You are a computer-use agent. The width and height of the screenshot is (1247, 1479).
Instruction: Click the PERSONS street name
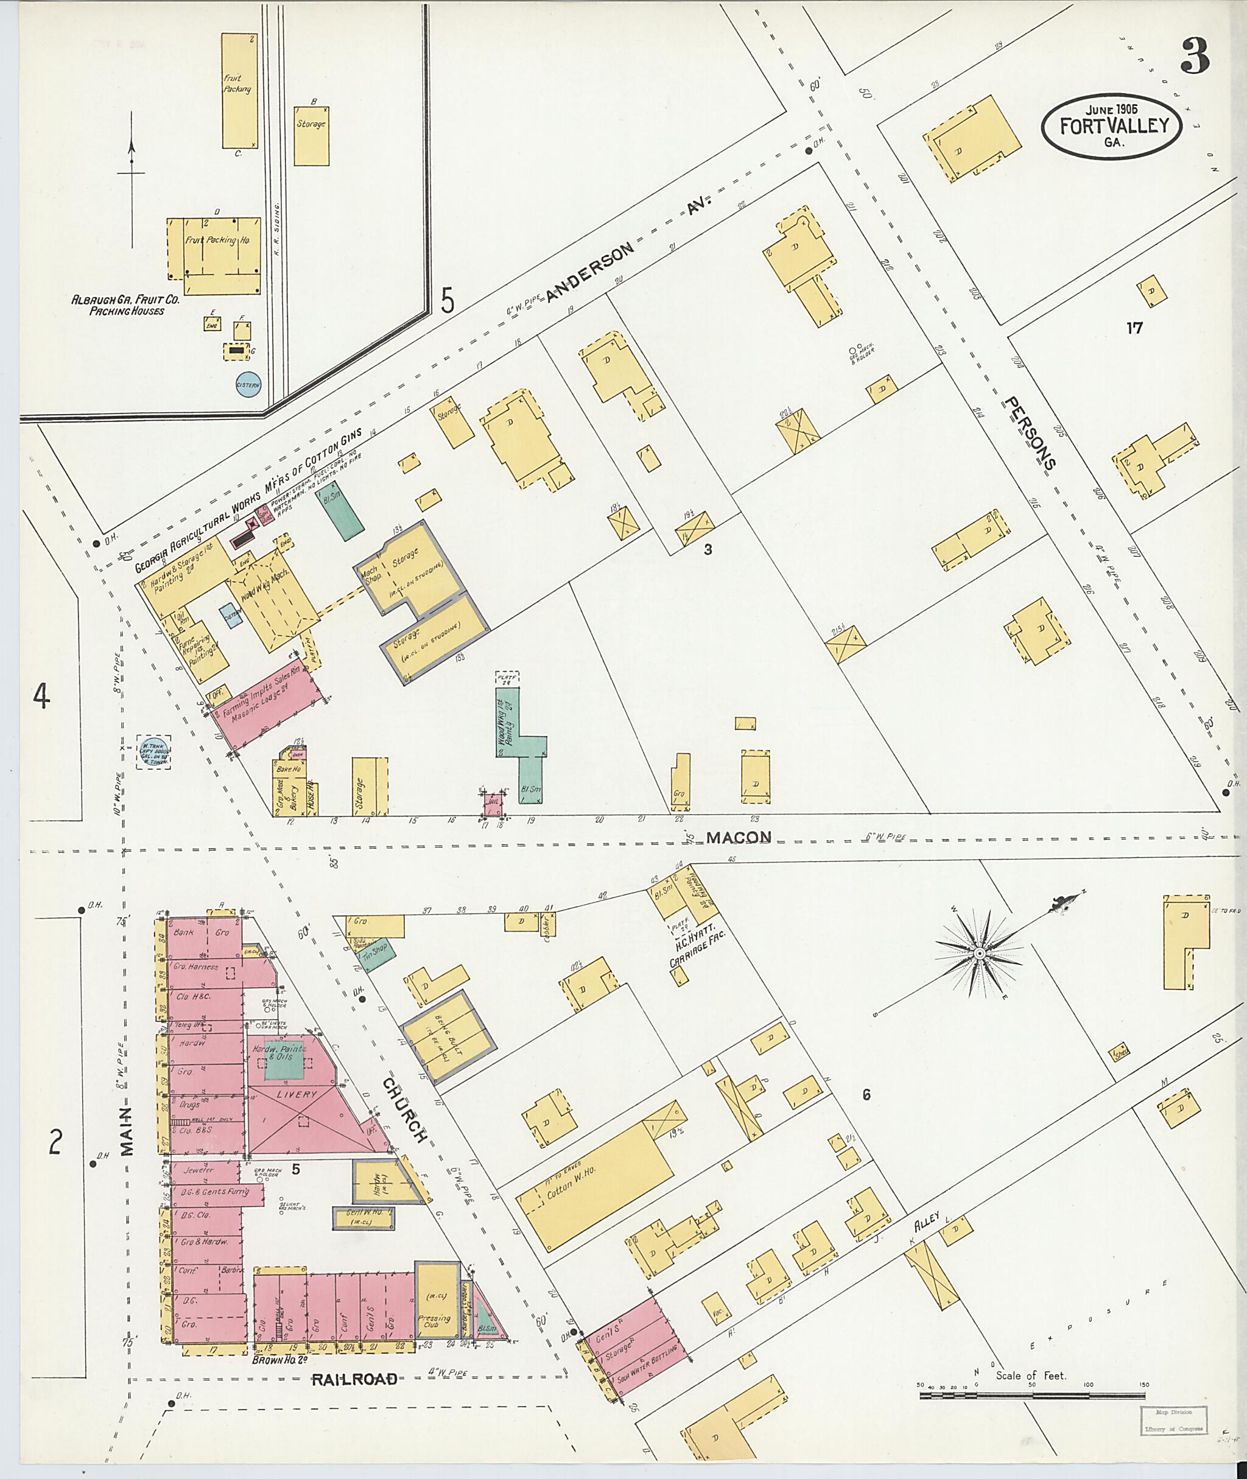(x=1031, y=433)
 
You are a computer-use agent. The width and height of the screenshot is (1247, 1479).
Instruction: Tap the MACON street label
(x=738, y=838)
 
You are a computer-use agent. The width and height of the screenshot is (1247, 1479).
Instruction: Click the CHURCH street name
(x=406, y=1110)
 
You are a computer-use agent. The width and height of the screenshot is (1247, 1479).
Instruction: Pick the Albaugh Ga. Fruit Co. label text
(x=126, y=304)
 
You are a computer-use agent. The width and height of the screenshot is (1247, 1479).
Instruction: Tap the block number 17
(x=1134, y=328)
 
